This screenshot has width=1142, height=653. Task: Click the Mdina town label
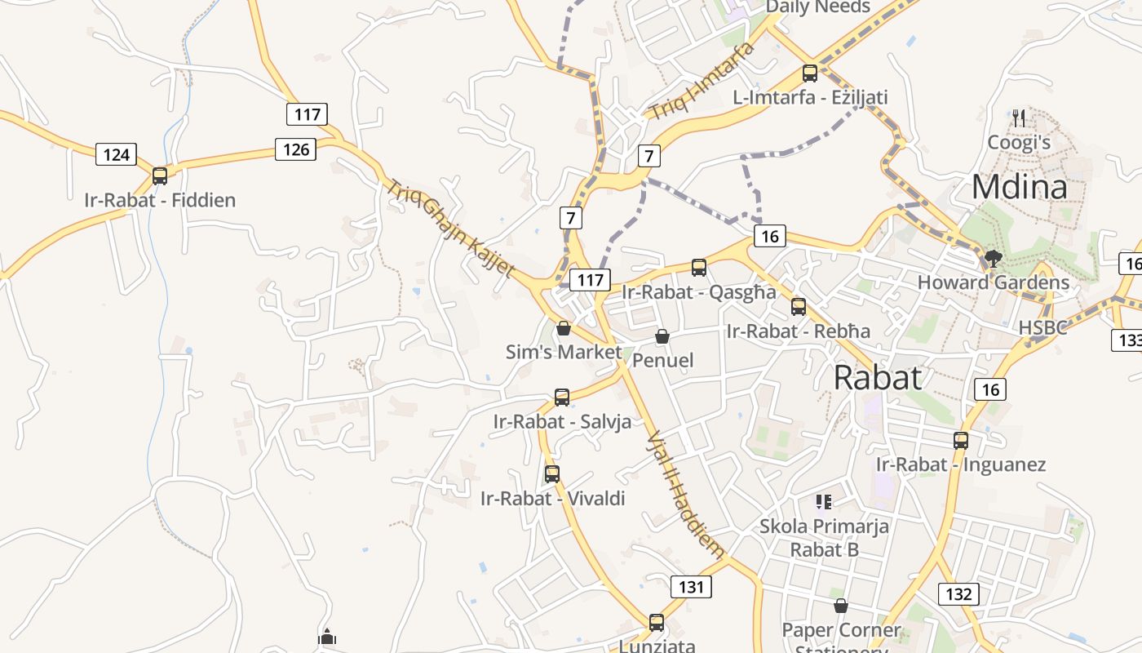pos(1019,187)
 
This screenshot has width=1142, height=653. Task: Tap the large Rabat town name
pos(878,377)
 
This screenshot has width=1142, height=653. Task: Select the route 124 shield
pos(116,154)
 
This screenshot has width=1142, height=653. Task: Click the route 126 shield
pos(295,149)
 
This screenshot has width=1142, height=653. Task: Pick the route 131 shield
pos(691,586)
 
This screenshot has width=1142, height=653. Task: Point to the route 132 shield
pos(958,593)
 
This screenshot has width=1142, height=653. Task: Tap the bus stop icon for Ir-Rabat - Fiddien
pos(160,175)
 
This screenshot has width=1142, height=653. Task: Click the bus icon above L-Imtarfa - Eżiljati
pos(810,73)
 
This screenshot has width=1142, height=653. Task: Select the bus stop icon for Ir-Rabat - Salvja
pos(562,398)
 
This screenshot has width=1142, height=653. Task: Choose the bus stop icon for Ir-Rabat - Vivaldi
pos(552,473)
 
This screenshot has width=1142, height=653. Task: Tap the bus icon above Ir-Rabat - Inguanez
pos(961,440)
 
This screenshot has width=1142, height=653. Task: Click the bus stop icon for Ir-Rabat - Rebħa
pos(799,307)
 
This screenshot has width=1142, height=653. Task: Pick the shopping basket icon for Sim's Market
pos(563,328)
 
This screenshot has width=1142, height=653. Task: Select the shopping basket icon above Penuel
pos(662,336)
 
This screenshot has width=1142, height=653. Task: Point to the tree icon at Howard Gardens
pos(993,259)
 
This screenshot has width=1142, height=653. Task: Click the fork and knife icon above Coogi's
pos(1019,118)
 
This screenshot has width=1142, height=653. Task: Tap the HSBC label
pos(1042,327)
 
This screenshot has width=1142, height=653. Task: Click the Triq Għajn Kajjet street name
pos(450,229)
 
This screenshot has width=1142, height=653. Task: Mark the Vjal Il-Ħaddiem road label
pos(684,495)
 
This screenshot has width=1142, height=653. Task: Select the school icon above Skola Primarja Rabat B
pos(824,501)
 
